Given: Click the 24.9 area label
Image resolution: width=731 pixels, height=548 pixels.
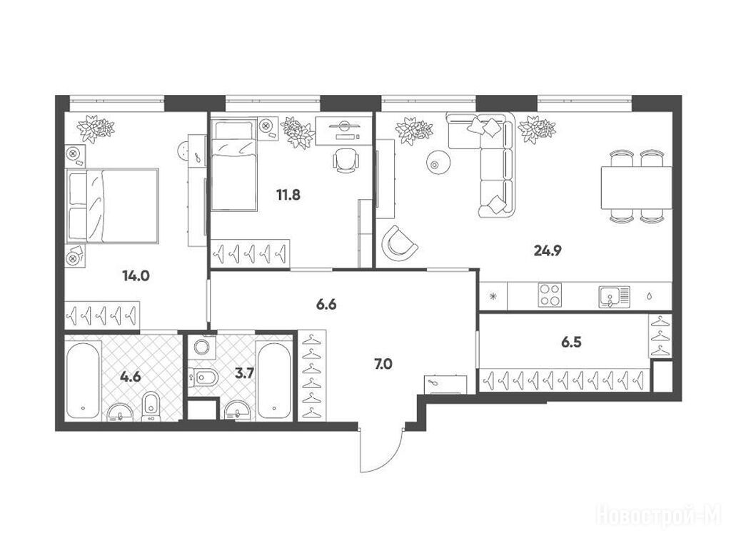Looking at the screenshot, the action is [x=548, y=251].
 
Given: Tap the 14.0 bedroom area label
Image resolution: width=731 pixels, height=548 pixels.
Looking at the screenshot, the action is [x=136, y=276].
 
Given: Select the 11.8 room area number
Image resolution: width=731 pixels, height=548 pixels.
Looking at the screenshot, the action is [x=288, y=195].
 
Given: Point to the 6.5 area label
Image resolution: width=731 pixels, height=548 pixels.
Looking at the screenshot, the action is [x=571, y=342].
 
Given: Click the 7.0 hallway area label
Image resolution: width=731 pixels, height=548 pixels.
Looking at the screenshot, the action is [x=383, y=364].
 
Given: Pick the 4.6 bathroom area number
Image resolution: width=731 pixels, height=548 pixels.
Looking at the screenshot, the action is [x=130, y=376].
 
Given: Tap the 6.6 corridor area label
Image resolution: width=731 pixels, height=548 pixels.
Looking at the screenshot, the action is [x=326, y=305].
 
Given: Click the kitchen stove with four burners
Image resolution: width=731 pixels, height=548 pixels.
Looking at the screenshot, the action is [x=550, y=295].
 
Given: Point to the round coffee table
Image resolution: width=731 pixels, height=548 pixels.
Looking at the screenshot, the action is [x=438, y=163].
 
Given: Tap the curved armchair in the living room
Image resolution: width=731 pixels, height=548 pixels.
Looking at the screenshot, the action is [x=398, y=243].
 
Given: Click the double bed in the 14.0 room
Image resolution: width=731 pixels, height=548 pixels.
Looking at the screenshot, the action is [x=112, y=205].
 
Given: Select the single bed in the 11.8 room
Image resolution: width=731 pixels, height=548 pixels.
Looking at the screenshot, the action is [x=234, y=165].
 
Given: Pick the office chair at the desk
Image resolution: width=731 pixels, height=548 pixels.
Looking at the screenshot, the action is [x=346, y=161].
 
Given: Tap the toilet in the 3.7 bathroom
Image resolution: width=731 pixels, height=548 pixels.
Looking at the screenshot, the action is [x=203, y=377].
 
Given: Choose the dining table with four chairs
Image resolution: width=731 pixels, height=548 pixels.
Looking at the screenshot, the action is [x=636, y=186].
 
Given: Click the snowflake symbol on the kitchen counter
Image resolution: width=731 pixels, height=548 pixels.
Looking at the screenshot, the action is [x=493, y=296].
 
